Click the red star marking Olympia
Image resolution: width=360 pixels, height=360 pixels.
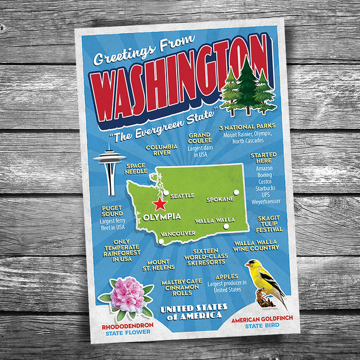click(160, 204)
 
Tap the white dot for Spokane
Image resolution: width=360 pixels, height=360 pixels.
click(236, 192)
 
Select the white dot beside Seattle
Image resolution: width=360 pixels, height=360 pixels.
click(165, 192)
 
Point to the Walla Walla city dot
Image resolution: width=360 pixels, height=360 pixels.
click(226, 227)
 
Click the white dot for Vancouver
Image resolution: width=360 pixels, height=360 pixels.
click(161, 241)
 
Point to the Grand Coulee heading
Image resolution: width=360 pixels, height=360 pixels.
click(200, 138)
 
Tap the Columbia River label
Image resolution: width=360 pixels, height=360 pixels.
click(158, 150)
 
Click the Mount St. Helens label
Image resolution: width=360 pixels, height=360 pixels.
click(158, 265)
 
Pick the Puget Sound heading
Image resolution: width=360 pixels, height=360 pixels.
click(112, 210)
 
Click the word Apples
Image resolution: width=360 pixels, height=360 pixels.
click(226, 277)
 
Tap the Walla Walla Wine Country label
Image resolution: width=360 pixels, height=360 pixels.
click(256, 245)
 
